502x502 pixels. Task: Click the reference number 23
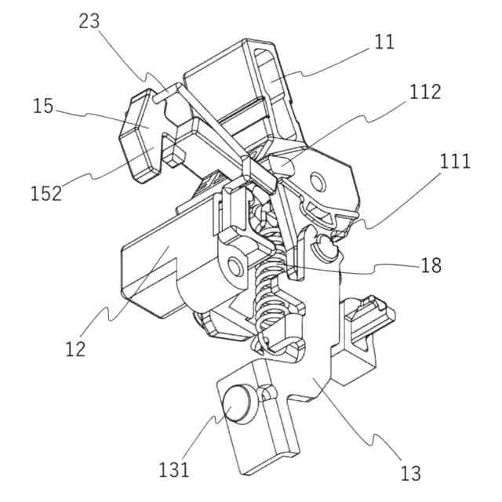point(89,21)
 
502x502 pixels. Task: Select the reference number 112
point(424,92)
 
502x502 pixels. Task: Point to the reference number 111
point(455,162)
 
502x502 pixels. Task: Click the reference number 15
point(44,106)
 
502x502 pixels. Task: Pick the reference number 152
point(46,193)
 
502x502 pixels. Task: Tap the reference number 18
point(431,265)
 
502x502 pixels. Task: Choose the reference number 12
point(75,347)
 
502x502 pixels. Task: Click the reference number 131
point(174,470)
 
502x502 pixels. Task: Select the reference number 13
point(410,473)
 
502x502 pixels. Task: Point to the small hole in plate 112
point(317,182)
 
